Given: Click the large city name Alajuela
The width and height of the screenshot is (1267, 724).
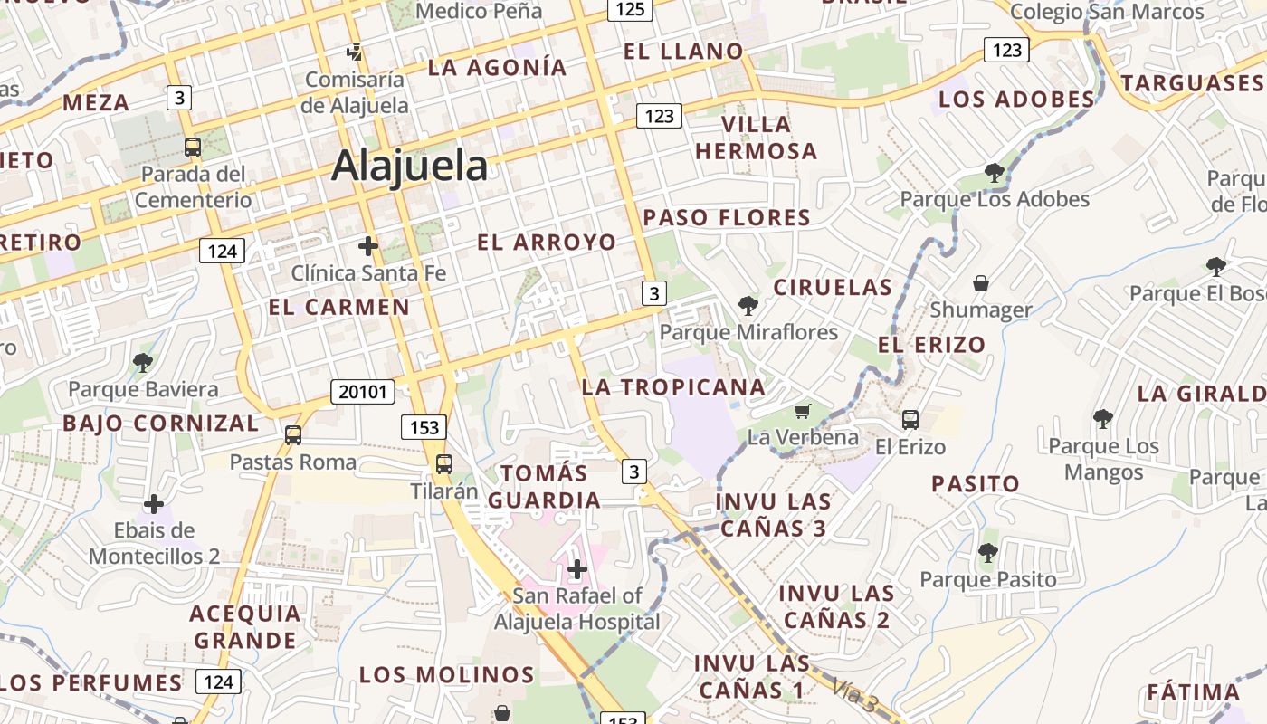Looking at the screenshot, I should [410, 167].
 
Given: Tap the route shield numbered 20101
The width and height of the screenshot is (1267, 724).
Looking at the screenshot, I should [363, 392].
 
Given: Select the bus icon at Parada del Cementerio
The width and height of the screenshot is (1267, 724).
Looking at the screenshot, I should [192, 147].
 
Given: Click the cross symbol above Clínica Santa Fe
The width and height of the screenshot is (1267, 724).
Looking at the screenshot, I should [367, 245].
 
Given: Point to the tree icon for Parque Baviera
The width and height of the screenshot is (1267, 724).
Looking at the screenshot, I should [142, 363].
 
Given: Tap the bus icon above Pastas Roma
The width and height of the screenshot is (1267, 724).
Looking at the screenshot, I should [292, 434].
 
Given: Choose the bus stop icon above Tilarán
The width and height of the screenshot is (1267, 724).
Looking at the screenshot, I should [443, 464].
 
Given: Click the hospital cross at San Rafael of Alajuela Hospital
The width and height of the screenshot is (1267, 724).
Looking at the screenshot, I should [576, 569].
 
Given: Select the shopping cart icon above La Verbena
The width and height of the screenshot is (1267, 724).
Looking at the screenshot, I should [802, 412].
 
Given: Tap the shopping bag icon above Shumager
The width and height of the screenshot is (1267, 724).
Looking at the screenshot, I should [980, 284].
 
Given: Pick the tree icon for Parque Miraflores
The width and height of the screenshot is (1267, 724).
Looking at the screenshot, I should [748, 305].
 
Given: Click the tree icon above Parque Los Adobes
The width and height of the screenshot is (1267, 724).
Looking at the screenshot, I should [994, 172].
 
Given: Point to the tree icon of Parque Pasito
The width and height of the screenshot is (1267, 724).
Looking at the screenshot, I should [987, 552].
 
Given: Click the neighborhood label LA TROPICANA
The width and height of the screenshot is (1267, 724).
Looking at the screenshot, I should [673, 387].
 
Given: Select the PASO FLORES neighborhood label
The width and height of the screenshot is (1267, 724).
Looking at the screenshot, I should [727, 217].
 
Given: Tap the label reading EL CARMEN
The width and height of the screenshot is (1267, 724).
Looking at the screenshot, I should [338, 307].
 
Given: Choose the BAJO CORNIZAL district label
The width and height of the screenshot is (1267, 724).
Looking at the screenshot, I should [160, 423].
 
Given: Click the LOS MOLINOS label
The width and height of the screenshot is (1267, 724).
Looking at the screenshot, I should [447, 674].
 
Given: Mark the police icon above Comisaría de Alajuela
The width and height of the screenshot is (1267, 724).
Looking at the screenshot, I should [355, 53].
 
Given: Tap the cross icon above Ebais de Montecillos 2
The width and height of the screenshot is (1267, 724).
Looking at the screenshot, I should [154, 503].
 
